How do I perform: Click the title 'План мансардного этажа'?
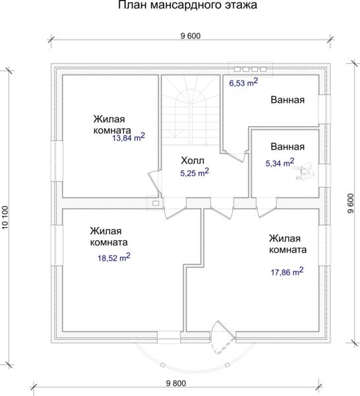coord(187,5)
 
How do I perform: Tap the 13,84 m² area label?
coord(129,137)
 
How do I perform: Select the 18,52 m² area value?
coord(114,257)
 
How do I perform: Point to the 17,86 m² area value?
coord(287,271)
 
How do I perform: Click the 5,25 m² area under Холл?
coord(195,172)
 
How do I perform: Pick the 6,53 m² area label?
coord(243,82)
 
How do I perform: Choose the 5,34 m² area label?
coord(280,162)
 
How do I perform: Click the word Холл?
coord(193,160)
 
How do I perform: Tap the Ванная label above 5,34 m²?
coord(287,147)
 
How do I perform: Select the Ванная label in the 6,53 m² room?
coord(287,100)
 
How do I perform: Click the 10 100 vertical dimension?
coord(5,218)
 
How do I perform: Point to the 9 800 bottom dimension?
coord(176,383)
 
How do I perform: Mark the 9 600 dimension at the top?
coord(191,36)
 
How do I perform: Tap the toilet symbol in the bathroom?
coord(305,172)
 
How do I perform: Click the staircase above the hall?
coord(191,110)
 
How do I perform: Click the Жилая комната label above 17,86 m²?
coord(287,244)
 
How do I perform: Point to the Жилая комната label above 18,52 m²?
coord(109,237)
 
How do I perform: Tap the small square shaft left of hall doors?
coord(156,203)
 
